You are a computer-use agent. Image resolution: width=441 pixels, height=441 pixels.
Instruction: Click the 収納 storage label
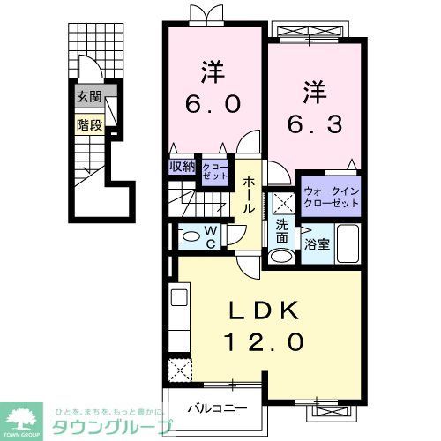[183, 167]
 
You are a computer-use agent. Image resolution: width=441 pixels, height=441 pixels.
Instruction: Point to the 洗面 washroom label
[281, 231]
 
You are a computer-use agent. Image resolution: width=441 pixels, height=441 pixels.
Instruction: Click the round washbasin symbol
[281, 257]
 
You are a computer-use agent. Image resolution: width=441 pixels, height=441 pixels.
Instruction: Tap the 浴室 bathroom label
[317, 244]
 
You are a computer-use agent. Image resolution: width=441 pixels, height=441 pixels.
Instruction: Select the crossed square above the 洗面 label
[281, 201]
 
